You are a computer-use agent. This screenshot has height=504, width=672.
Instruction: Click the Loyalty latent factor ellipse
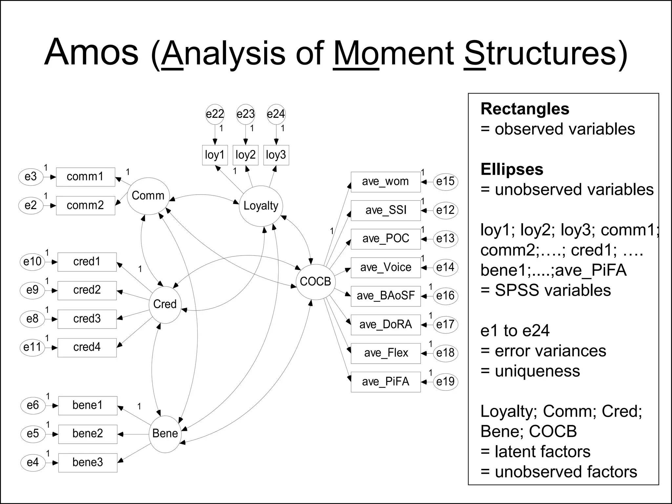[x=261, y=206]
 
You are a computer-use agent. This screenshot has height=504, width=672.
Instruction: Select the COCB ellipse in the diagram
[x=315, y=282]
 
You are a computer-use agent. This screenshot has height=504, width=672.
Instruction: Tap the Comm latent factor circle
[x=148, y=196]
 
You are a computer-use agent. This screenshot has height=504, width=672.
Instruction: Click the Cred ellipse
[x=165, y=304]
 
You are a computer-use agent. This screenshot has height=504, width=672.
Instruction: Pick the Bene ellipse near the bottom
[x=165, y=433]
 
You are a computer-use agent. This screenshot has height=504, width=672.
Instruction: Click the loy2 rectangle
[x=245, y=155]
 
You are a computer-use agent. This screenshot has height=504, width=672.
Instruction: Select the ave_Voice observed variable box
[x=386, y=267]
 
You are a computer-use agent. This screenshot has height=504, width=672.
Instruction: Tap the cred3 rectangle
[x=87, y=319]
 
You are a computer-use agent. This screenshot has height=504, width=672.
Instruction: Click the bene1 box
[x=88, y=405]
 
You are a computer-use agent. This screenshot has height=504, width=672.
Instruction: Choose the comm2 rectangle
[x=85, y=205]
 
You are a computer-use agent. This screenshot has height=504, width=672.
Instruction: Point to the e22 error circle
[x=215, y=114]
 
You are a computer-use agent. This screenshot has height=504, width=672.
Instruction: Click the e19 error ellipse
[x=445, y=382]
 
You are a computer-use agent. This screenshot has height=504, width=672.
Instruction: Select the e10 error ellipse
[x=32, y=262]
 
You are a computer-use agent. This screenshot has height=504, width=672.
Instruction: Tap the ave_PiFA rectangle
[x=386, y=382]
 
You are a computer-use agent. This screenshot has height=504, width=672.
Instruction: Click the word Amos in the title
[x=92, y=52]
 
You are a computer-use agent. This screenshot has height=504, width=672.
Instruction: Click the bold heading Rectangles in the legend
[x=525, y=109]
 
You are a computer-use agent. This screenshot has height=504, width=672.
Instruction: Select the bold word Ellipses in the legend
[x=512, y=170]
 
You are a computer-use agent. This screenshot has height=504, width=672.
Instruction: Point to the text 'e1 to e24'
[x=515, y=331]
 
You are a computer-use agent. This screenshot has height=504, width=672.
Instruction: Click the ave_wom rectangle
[x=386, y=181]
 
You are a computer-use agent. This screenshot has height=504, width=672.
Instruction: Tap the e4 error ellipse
[x=32, y=463]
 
